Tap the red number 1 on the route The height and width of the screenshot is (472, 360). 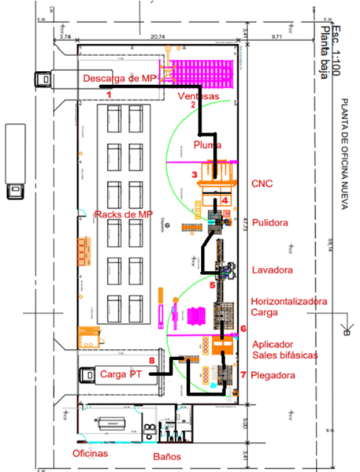pos(109,94)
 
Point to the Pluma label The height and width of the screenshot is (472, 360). pos(208,144)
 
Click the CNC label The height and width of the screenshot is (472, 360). pos(262,183)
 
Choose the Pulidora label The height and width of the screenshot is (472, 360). pos(269,223)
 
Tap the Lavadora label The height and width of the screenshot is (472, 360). pos(271,270)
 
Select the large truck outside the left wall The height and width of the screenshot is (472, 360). pos(15,161)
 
